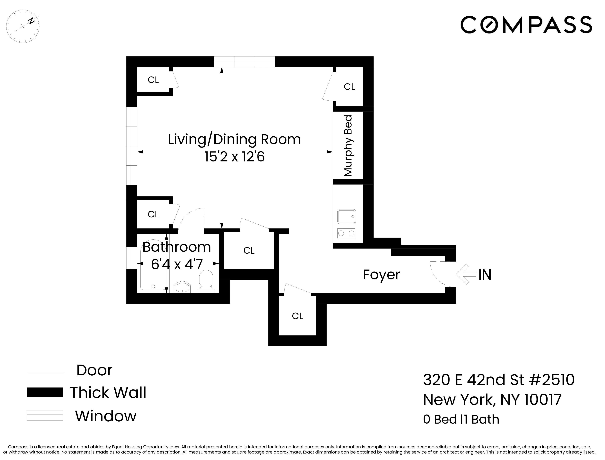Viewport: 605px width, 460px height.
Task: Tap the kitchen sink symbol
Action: click(x=346, y=217)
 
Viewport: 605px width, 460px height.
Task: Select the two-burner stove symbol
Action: click(x=346, y=233)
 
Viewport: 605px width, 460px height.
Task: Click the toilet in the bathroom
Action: click(x=206, y=280)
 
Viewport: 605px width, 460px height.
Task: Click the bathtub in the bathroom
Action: click(x=153, y=267)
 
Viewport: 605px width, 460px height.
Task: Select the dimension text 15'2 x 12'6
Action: click(x=235, y=157)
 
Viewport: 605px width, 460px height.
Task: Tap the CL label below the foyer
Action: click(x=297, y=316)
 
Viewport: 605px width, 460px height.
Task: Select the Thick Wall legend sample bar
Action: click(x=45, y=392)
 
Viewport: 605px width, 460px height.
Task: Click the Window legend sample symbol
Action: click(x=45, y=415)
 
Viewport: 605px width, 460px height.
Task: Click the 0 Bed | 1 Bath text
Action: click(x=461, y=419)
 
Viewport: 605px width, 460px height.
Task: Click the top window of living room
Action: click(x=244, y=62)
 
